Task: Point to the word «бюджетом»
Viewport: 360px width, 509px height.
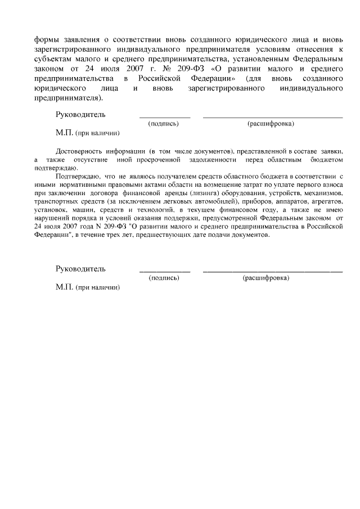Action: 326,160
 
